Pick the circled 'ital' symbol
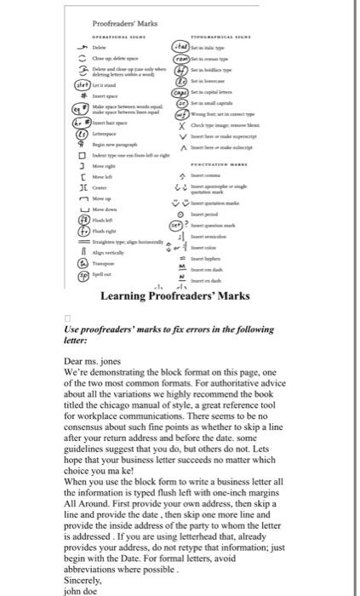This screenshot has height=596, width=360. [x=180, y=48]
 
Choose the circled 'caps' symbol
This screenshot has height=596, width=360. [x=180, y=93]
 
